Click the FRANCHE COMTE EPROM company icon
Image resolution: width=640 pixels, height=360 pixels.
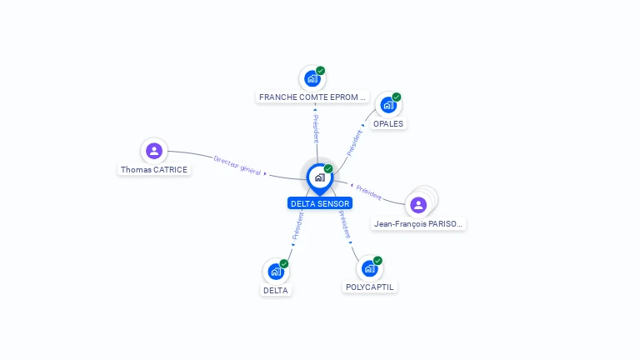pos(312,79)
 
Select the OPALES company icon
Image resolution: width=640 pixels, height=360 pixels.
pos(387,105)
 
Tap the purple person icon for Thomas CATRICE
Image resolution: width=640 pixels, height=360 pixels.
pos(153,151)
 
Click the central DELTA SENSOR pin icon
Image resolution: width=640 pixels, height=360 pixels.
pos(319,177)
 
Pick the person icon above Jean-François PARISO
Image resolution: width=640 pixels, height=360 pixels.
pos(418,204)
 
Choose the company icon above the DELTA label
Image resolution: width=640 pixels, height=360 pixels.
pos(276,272)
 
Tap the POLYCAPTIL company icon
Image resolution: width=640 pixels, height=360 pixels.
pos(369,268)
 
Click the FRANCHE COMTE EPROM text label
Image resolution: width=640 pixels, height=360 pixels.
pos(312,97)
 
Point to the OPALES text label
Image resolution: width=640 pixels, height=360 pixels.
pos(388,124)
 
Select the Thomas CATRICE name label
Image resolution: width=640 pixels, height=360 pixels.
pos(154,169)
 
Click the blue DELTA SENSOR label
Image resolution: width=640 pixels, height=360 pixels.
pos(321,203)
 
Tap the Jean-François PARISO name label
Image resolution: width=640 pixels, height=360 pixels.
pos(417,223)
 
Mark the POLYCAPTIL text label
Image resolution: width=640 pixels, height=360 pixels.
pos(370,287)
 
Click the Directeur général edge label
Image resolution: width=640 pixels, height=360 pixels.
pos(237,164)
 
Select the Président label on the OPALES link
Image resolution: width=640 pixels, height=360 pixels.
pos(354,142)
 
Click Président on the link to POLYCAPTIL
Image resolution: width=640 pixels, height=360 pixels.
pos(345,224)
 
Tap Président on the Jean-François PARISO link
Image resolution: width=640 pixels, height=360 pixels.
pos(368,192)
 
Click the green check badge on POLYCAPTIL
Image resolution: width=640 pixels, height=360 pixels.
pos(377,261)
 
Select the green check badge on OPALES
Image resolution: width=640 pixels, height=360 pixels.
pos(397,97)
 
